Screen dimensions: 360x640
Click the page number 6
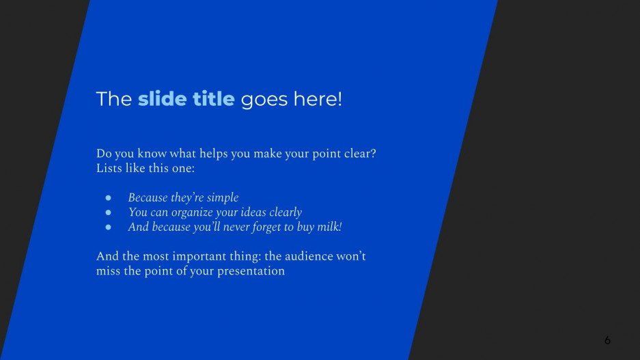[x=607, y=340]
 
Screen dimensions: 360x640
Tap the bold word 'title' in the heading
[x=211, y=99]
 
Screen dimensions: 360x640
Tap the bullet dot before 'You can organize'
[x=108, y=212]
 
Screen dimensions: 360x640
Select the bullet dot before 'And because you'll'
[x=108, y=227]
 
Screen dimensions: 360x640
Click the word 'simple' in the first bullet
[x=223, y=198]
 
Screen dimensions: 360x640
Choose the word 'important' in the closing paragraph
[x=186, y=257]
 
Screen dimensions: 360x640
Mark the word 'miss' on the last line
[x=108, y=271]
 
